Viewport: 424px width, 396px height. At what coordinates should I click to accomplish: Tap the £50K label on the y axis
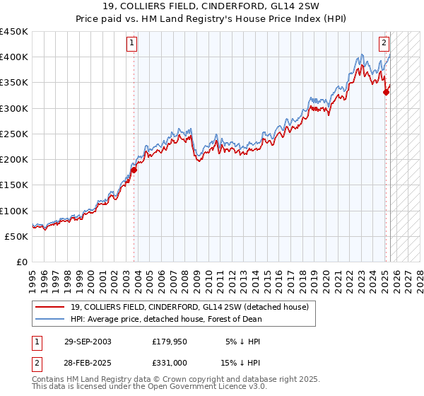click(x=16, y=236)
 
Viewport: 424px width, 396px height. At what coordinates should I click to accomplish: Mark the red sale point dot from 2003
click(x=134, y=170)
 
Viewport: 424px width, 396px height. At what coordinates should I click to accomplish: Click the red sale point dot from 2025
click(x=386, y=92)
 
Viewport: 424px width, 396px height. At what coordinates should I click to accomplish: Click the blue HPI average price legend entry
click(x=166, y=319)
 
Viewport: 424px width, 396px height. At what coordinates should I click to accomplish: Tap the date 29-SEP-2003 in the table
click(x=87, y=342)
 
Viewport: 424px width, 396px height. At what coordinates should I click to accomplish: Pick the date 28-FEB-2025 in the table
click(x=87, y=363)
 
